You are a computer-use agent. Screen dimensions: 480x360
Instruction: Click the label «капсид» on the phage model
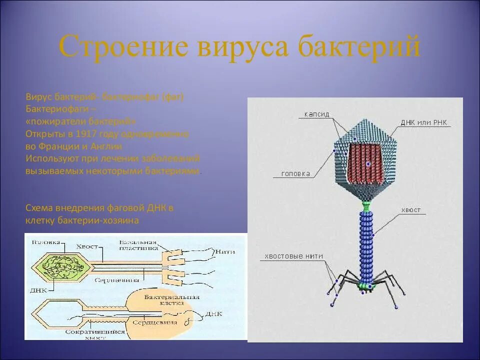[316, 114]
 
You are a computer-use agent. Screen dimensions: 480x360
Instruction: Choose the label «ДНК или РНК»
[423, 122]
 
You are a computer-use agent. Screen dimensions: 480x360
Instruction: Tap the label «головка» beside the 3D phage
[295, 174]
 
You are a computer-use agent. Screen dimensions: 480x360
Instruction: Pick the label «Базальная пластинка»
[138, 245]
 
